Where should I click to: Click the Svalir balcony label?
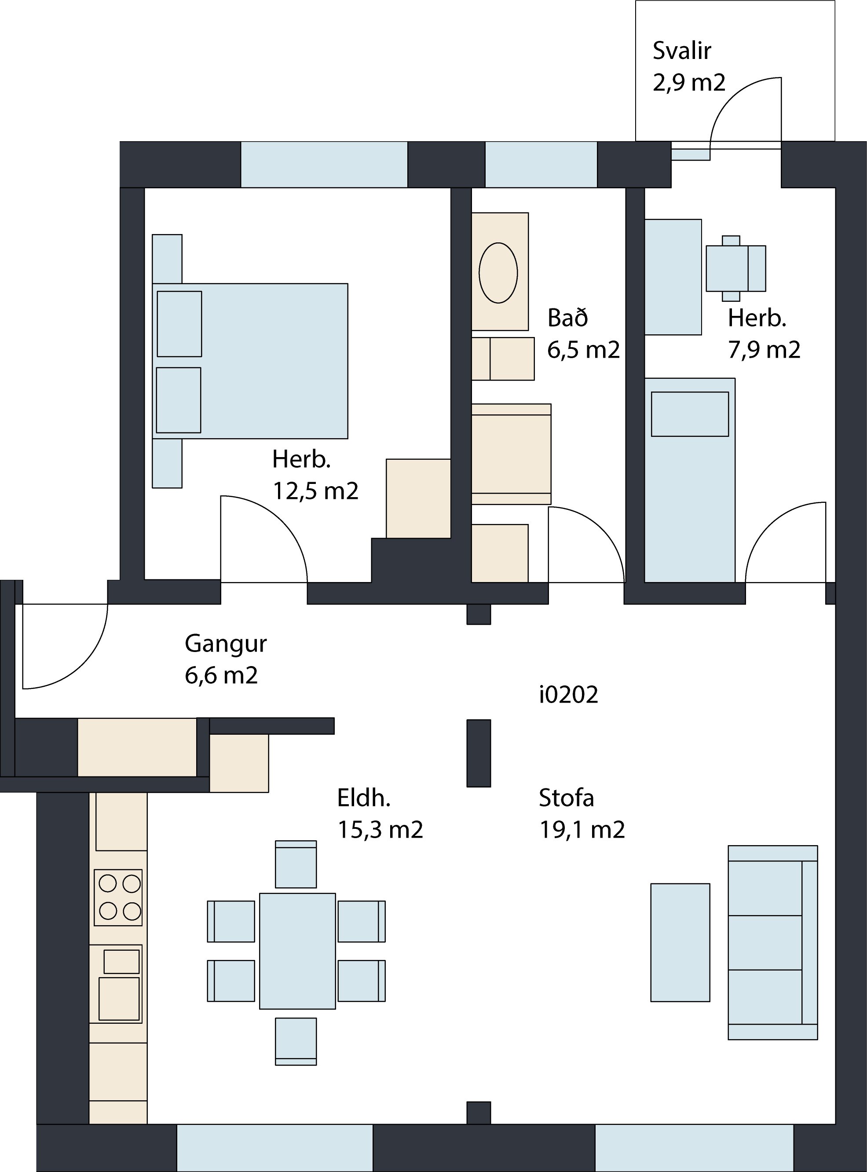pyautogui.click(x=682, y=51)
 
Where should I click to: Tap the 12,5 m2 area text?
pyautogui.click(x=315, y=491)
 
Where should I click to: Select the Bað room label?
pyautogui.click(x=568, y=318)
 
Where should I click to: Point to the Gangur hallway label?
pyautogui.click(x=226, y=645)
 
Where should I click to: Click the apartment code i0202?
pyautogui.click(x=569, y=695)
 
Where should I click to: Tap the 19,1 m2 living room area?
pyautogui.click(x=582, y=830)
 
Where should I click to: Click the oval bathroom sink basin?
pyautogui.click(x=498, y=273)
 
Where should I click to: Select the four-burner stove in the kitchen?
pyautogui.click(x=118, y=897)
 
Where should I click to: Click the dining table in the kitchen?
pyautogui.click(x=297, y=951)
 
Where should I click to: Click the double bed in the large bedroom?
pyautogui.click(x=250, y=361)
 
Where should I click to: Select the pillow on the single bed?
pyautogui.click(x=690, y=414)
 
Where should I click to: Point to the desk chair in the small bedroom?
pyautogui.click(x=736, y=268)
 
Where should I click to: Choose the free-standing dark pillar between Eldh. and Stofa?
pyautogui.click(x=479, y=753)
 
